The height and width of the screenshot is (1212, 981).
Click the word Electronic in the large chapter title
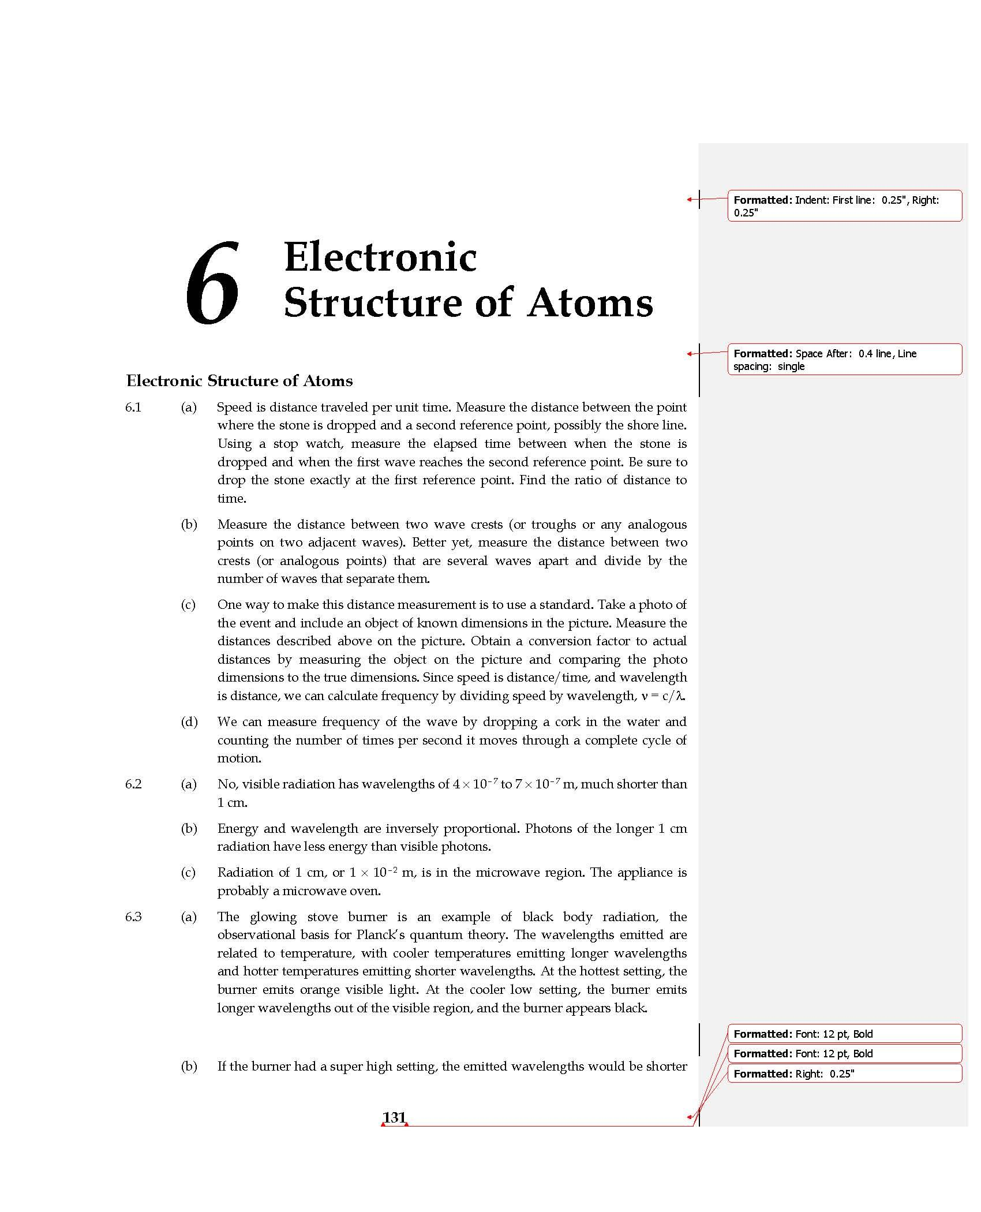(x=380, y=257)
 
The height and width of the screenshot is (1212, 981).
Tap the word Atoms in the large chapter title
(x=590, y=303)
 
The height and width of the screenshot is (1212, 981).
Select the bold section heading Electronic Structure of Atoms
(x=239, y=381)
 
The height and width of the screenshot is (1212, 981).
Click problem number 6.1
(x=133, y=407)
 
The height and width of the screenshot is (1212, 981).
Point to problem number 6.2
(x=133, y=784)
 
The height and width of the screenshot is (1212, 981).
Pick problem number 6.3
(x=133, y=917)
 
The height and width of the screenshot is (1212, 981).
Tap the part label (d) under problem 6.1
(x=189, y=722)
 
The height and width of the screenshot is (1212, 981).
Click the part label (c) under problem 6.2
(x=188, y=873)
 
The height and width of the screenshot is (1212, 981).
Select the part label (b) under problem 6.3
(x=189, y=1067)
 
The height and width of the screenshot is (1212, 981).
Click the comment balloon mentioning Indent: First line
(x=844, y=206)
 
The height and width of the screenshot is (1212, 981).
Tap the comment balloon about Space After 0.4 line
(x=844, y=360)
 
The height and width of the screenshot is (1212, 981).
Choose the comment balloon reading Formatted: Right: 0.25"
(x=844, y=1073)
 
